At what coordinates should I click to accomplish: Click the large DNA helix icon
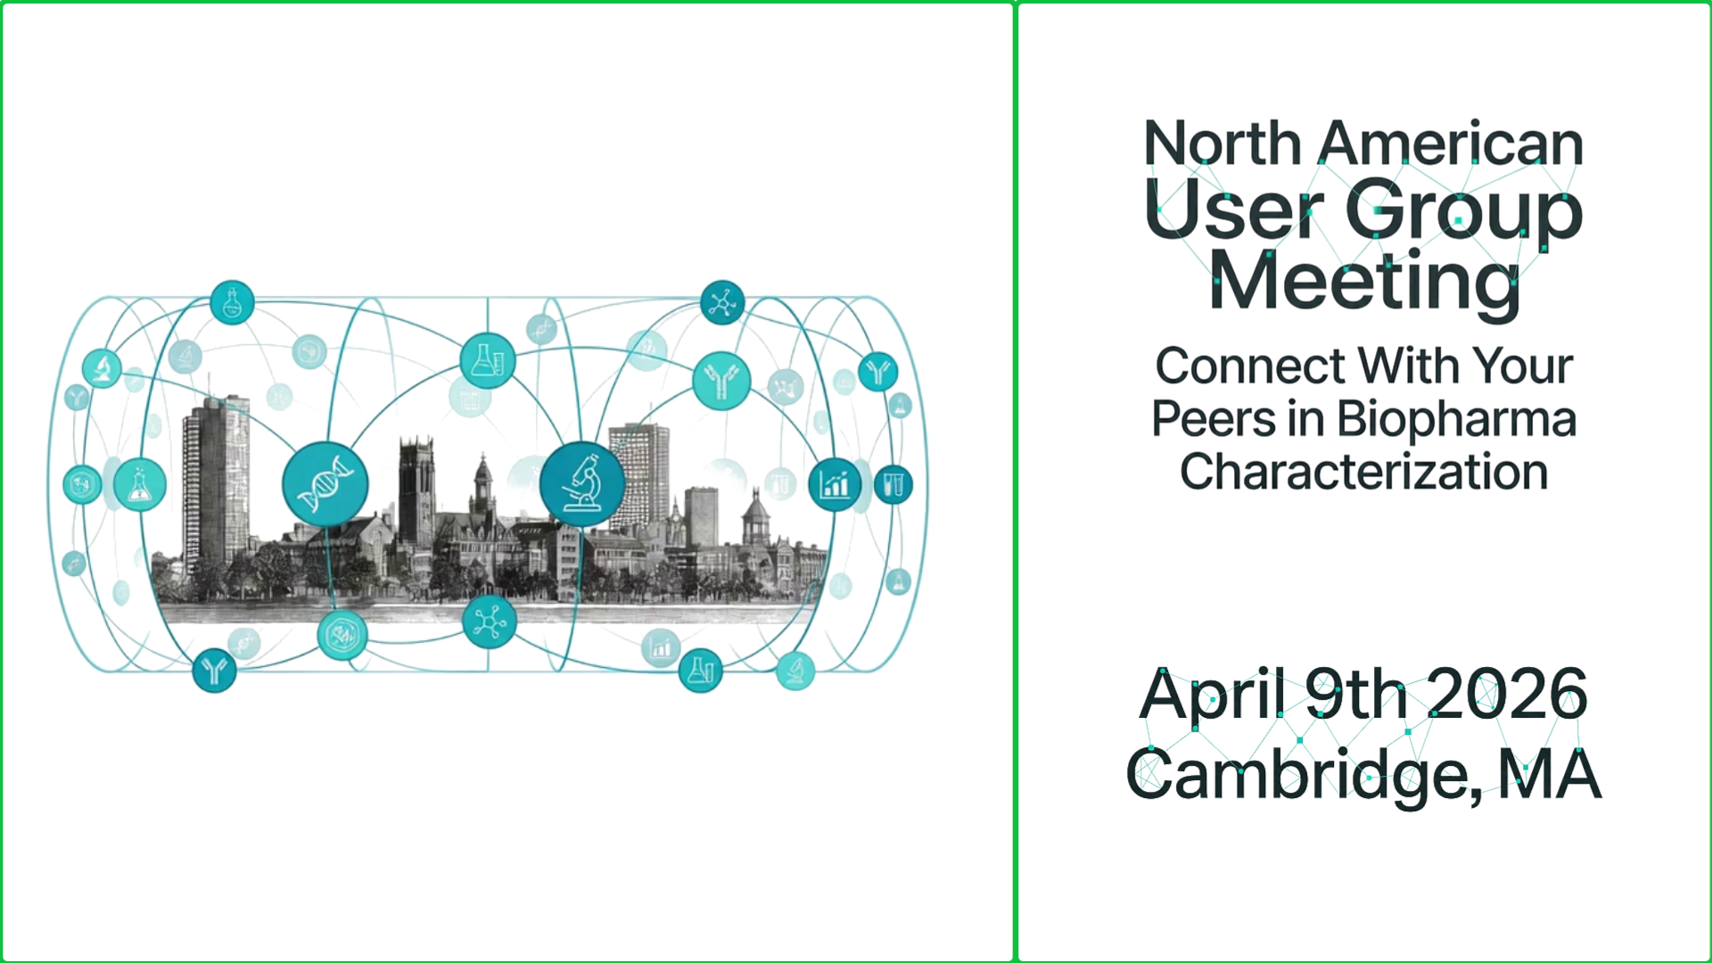[325, 484]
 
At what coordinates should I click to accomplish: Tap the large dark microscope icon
[582, 484]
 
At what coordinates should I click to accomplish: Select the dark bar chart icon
[835, 485]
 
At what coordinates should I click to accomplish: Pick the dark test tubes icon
[893, 484]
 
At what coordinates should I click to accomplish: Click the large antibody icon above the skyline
[721, 381]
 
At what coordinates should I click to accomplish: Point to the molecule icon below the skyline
[490, 621]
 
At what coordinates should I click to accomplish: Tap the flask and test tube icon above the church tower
[488, 360]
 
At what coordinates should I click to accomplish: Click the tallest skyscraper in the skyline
[215, 481]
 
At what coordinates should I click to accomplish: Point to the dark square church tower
[416, 490]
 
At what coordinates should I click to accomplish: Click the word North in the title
[1222, 144]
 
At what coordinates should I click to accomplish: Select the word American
[1450, 144]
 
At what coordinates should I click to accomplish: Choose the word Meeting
[1363, 282]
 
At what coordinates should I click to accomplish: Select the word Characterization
[1363, 472]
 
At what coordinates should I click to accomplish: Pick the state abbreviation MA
[1550, 775]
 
